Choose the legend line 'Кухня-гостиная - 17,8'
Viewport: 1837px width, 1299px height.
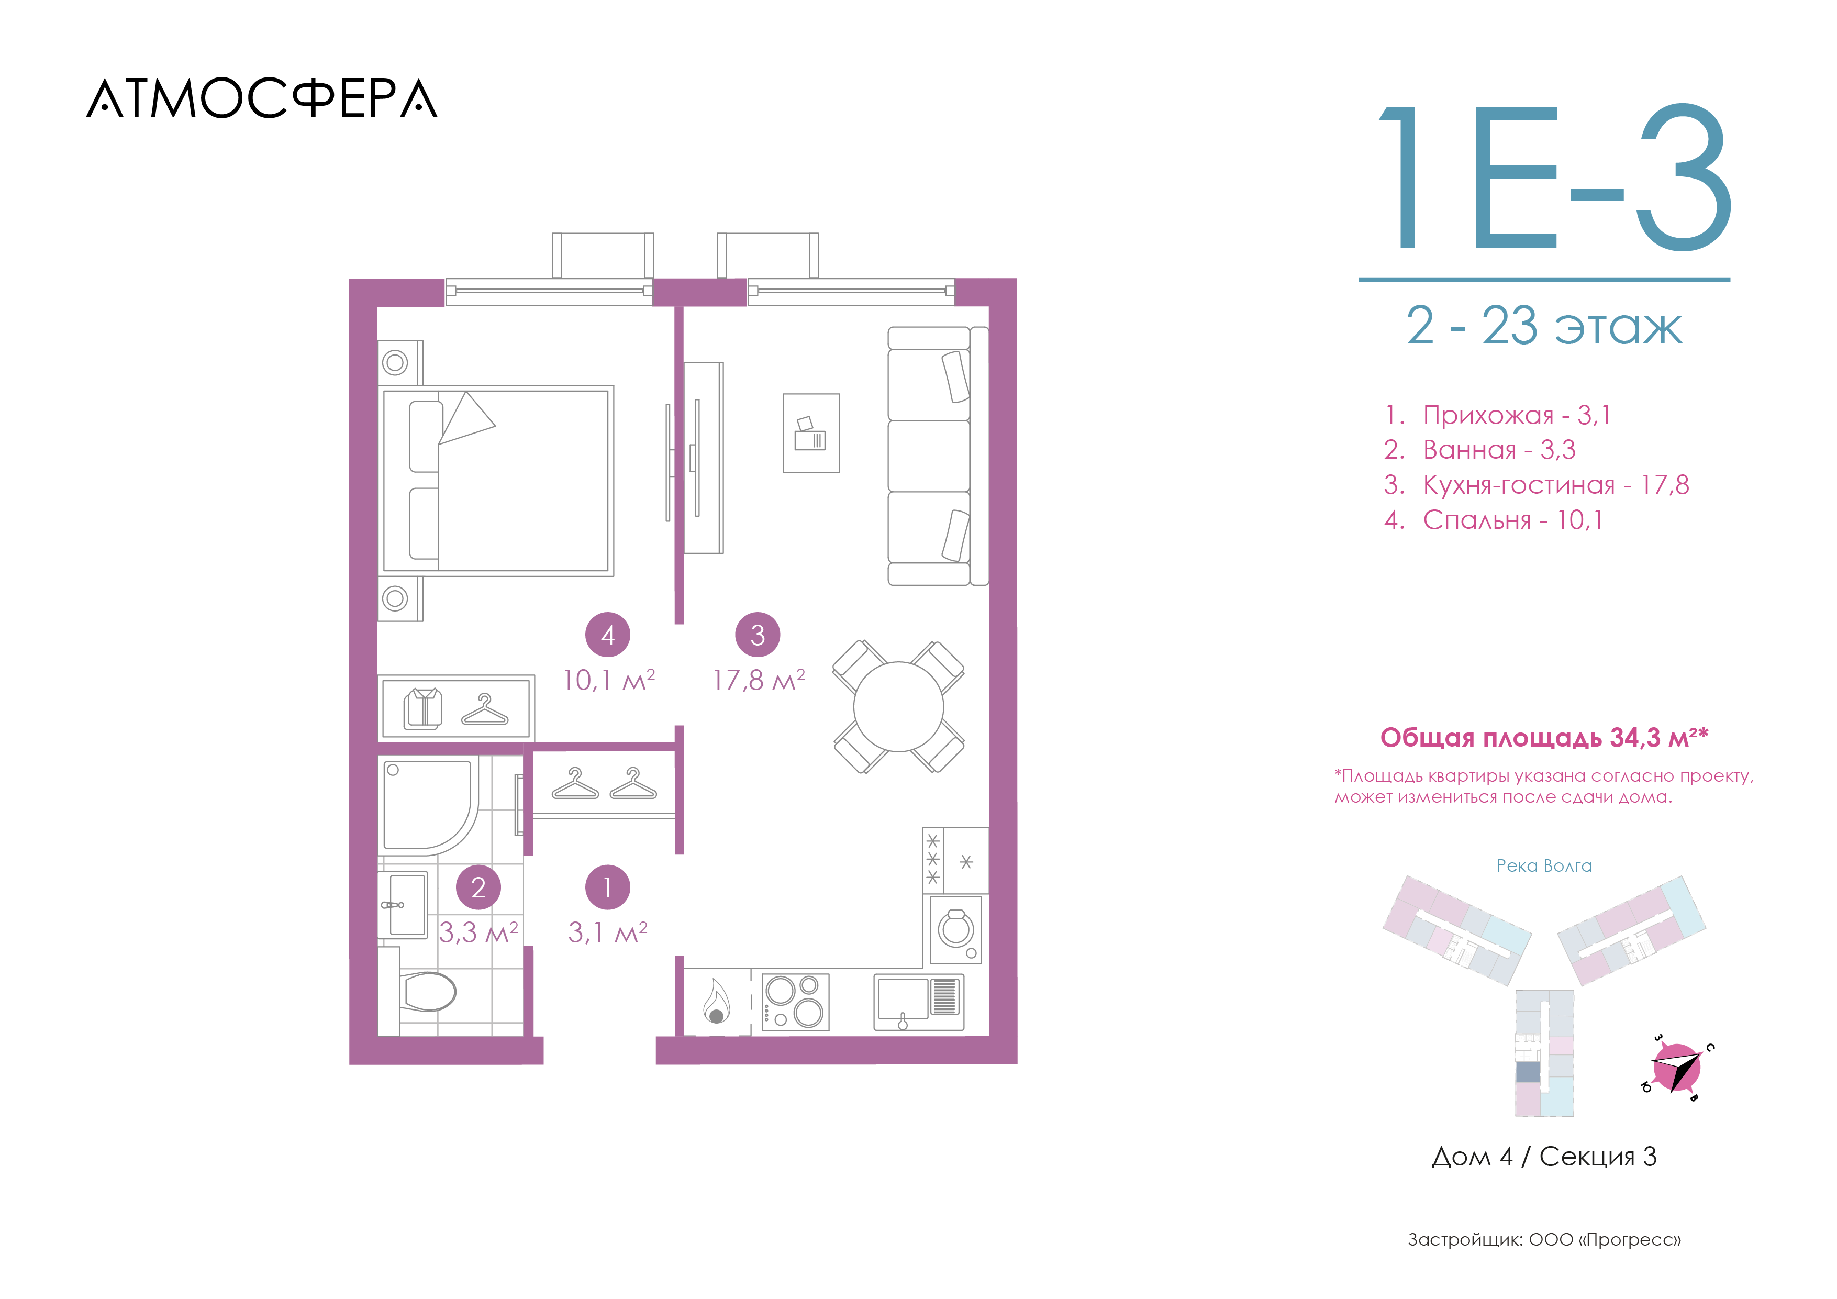pyautogui.click(x=1536, y=484)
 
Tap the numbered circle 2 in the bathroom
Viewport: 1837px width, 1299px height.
pyautogui.click(x=478, y=887)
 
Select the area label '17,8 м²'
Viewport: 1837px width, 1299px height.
pyautogui.click(x=759, y=680)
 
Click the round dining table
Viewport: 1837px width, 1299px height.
pyautogui.click(x=898, y=707)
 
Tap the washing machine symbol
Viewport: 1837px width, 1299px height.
pyautogui.click(x=956, y=929)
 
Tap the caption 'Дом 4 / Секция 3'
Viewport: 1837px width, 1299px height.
pyautogui.click(x=1544, y=1157)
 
